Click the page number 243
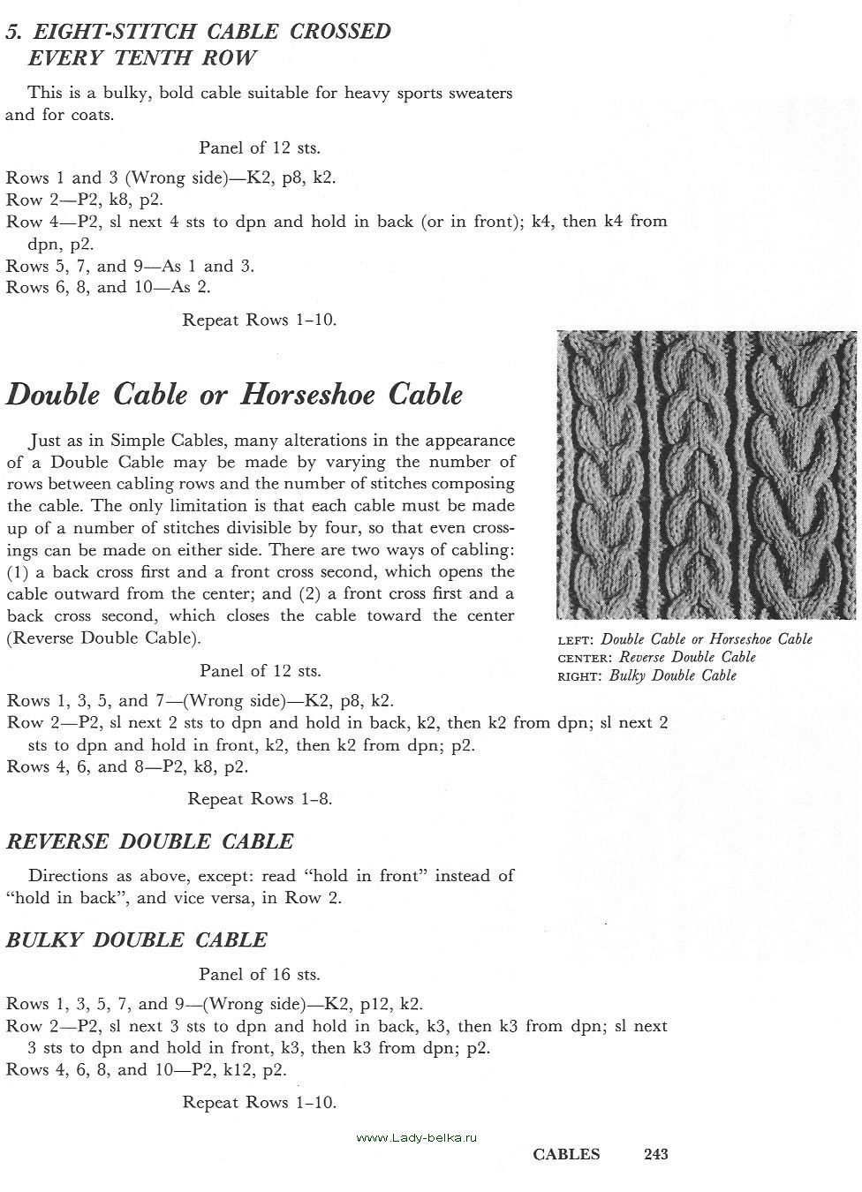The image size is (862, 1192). tap(656, 1154)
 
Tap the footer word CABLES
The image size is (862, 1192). tap(566, 1154)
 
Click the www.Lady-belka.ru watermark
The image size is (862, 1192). tap(417, 1138)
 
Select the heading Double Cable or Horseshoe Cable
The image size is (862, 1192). tap(234, 395)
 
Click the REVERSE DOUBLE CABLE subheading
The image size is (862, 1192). tap(149, 841)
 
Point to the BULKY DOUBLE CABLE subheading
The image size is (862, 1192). tap(136, 940)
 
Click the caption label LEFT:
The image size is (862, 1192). tap(577, 640)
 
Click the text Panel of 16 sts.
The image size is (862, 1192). tap(260, 975)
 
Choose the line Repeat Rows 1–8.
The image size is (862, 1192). tap(260, 799)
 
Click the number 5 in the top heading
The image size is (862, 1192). tap(11, 32)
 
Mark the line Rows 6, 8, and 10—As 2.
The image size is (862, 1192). tap(109, 287)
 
